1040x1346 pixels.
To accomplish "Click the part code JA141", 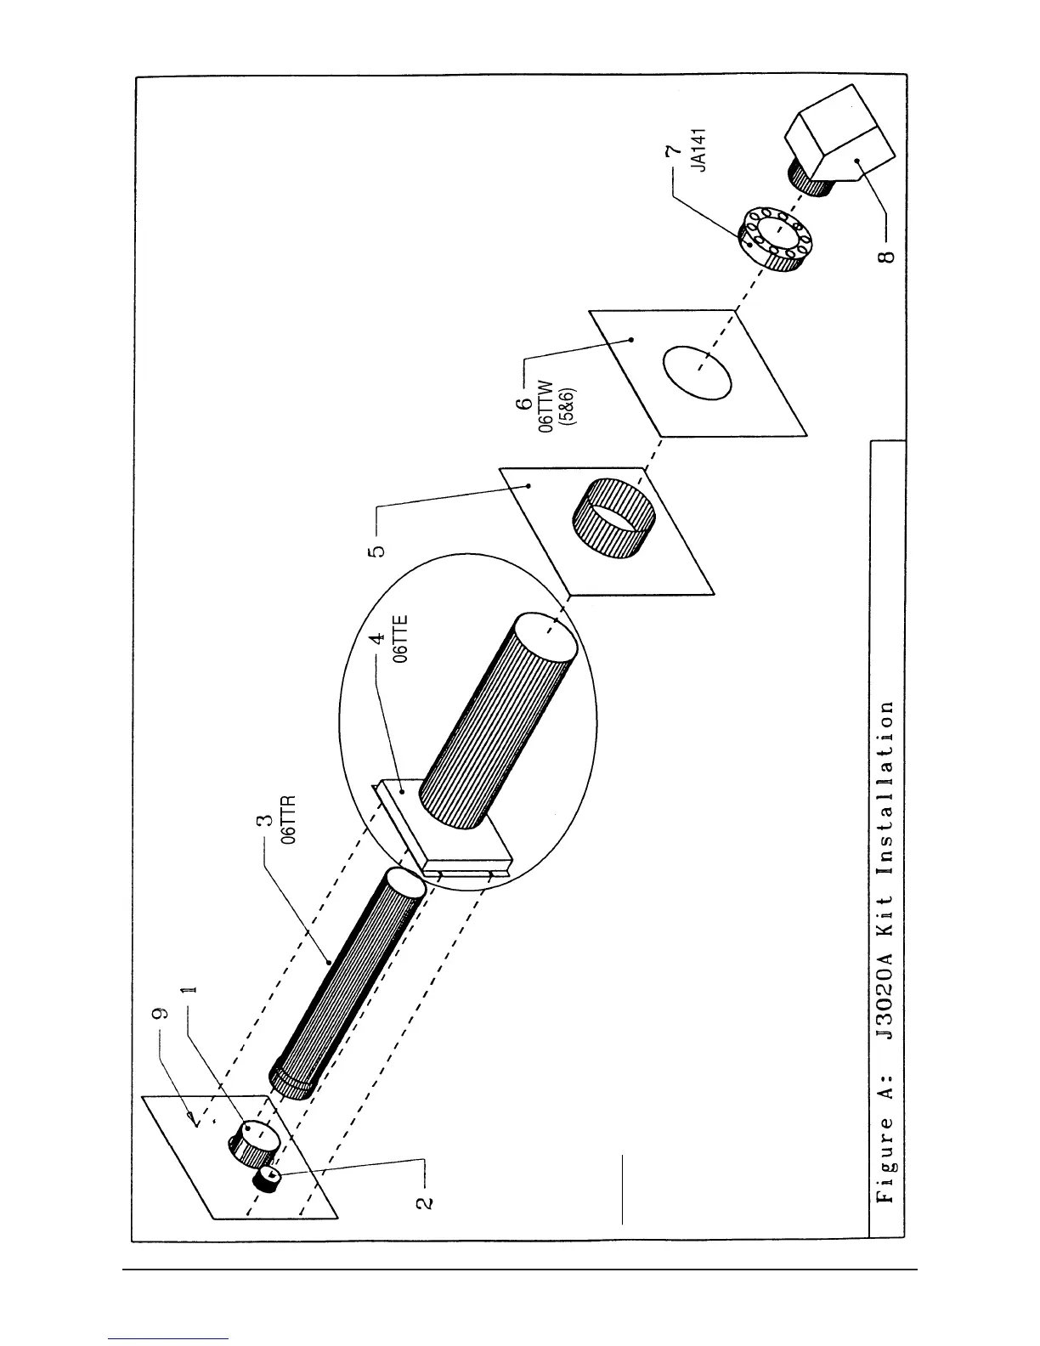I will (x=699, y=150).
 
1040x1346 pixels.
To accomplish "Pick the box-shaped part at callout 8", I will (x=841, y=136).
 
